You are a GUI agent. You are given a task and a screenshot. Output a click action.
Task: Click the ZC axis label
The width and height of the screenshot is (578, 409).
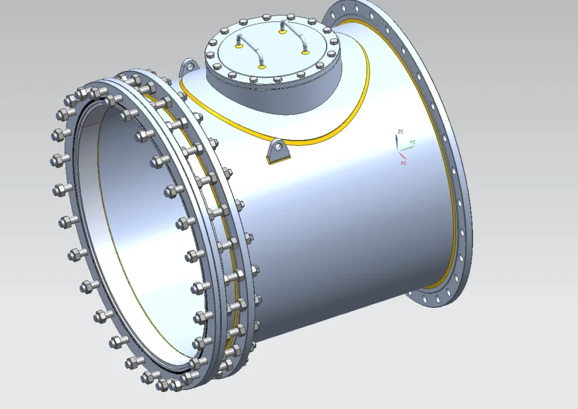click(x=401, y=132)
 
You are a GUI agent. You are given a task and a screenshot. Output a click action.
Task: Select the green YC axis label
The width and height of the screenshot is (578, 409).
click(x=413, y=141)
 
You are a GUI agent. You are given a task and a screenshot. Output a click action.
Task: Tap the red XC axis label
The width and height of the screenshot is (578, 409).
click(x=403, y=163)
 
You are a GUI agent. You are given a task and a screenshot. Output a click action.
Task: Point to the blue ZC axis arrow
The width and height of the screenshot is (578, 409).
click(x=397, y=141)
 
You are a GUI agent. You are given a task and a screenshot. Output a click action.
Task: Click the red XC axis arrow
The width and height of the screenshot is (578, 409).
click(x=402, y=155)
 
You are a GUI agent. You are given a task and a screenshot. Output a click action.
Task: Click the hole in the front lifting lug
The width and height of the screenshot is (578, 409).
click(x=278, y=148)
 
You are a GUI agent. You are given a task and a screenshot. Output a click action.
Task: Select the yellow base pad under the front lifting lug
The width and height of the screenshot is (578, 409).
click(x=278, y=161)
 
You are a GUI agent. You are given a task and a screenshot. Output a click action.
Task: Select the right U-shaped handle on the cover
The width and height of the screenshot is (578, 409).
click(x=295, y=35)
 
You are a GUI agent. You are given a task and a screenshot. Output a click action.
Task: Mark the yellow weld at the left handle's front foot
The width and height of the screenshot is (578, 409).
click(x=262, y=67)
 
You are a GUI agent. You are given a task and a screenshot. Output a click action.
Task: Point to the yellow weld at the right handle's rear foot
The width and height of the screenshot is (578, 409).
click(x=282, y=31)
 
